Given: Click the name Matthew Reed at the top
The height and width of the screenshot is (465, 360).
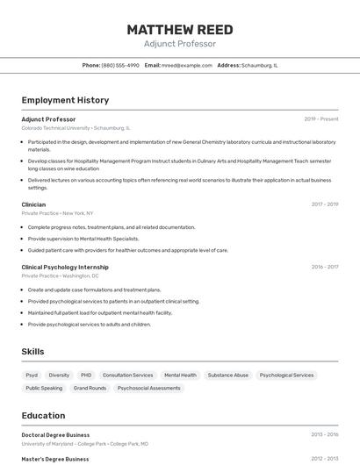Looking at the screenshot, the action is (180, 30).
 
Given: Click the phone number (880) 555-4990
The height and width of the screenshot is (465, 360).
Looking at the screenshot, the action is (120, 65).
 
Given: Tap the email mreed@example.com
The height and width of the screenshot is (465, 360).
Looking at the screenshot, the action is (187, 65).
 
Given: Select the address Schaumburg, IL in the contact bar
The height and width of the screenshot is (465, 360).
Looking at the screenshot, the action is (259, 65).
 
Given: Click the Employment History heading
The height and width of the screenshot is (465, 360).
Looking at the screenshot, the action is (65, 100).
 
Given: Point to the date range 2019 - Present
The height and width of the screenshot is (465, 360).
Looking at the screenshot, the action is (321, 119).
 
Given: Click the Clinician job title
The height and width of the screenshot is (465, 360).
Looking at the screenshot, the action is (33, 204).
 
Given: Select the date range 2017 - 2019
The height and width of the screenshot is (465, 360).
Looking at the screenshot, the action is (324, 204).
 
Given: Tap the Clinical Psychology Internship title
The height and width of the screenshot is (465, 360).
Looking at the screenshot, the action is (65, 267).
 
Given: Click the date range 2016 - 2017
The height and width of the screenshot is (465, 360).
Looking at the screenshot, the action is (324, 267).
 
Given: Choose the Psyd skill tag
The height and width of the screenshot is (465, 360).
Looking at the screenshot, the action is (32, 375).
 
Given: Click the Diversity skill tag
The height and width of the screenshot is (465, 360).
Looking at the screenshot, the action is (59, 375).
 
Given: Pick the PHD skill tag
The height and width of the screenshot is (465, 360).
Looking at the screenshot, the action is (86, 375).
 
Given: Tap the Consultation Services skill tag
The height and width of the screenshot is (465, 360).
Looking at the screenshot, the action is (127, 375).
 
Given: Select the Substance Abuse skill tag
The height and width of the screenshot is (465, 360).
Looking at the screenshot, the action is (228, 375).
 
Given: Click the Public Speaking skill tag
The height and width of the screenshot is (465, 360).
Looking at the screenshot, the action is (44, 388).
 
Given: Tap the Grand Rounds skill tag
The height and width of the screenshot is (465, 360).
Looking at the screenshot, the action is (90, 388).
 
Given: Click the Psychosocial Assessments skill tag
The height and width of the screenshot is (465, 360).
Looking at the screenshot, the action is (148, 388).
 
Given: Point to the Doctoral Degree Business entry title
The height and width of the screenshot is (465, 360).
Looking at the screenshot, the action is (55, 434).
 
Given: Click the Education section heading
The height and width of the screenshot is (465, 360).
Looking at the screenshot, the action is (43, 415).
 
